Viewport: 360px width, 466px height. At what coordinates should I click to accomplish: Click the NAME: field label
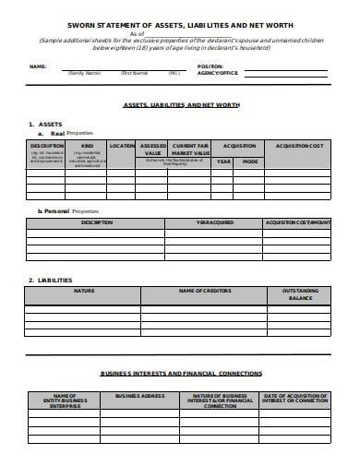[x=37, y=67]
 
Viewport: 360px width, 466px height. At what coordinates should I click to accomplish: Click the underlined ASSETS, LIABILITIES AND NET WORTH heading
[x=181, y=105]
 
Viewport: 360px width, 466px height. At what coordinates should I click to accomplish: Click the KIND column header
[x=88, y=146]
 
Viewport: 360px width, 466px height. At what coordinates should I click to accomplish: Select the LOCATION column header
[x=122, y=146]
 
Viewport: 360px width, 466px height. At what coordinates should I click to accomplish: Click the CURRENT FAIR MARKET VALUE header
[x=190, y=149]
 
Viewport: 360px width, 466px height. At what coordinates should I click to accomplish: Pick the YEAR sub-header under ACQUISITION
[x=223, y=161]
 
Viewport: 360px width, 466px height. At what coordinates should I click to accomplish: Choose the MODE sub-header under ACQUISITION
[x=249, y=161]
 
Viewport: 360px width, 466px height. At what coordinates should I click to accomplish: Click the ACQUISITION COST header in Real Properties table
[x=296, y=146]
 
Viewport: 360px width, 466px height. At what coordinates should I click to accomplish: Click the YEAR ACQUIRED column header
[x=215, y=222]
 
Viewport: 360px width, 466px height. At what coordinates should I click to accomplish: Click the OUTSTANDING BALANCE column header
[x=297, y=294]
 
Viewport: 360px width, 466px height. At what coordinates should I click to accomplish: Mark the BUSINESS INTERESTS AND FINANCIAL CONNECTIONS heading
[x=181, y=374]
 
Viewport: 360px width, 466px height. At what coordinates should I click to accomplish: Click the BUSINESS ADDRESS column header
[x=139, y=395]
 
